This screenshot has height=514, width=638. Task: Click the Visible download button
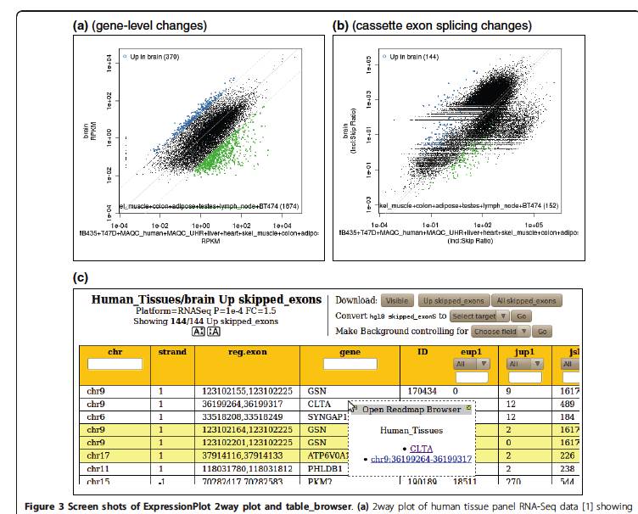click(x=396, y=301)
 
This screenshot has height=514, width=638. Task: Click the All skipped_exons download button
click(x=527, y=301)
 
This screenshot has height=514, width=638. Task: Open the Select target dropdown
click(x=480, y=316)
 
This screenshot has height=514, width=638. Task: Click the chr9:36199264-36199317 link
click(x=421, y=459)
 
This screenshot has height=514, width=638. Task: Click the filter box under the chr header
click(x=115, y=364)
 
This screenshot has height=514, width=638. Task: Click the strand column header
click(x=171, y=350)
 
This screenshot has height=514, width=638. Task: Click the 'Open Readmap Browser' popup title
click(x=412, y=410)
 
